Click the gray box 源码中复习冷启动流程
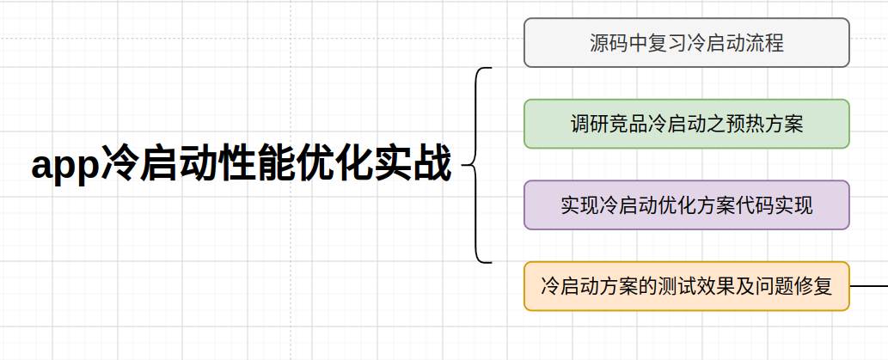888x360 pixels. point(686,42)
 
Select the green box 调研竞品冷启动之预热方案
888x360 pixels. point(686,124)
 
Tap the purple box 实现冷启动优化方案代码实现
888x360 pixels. point(686,204)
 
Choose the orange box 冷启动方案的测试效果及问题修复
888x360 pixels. point(686,286)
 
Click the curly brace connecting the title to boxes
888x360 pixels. point(475,165)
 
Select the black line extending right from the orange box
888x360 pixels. point(869,286)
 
